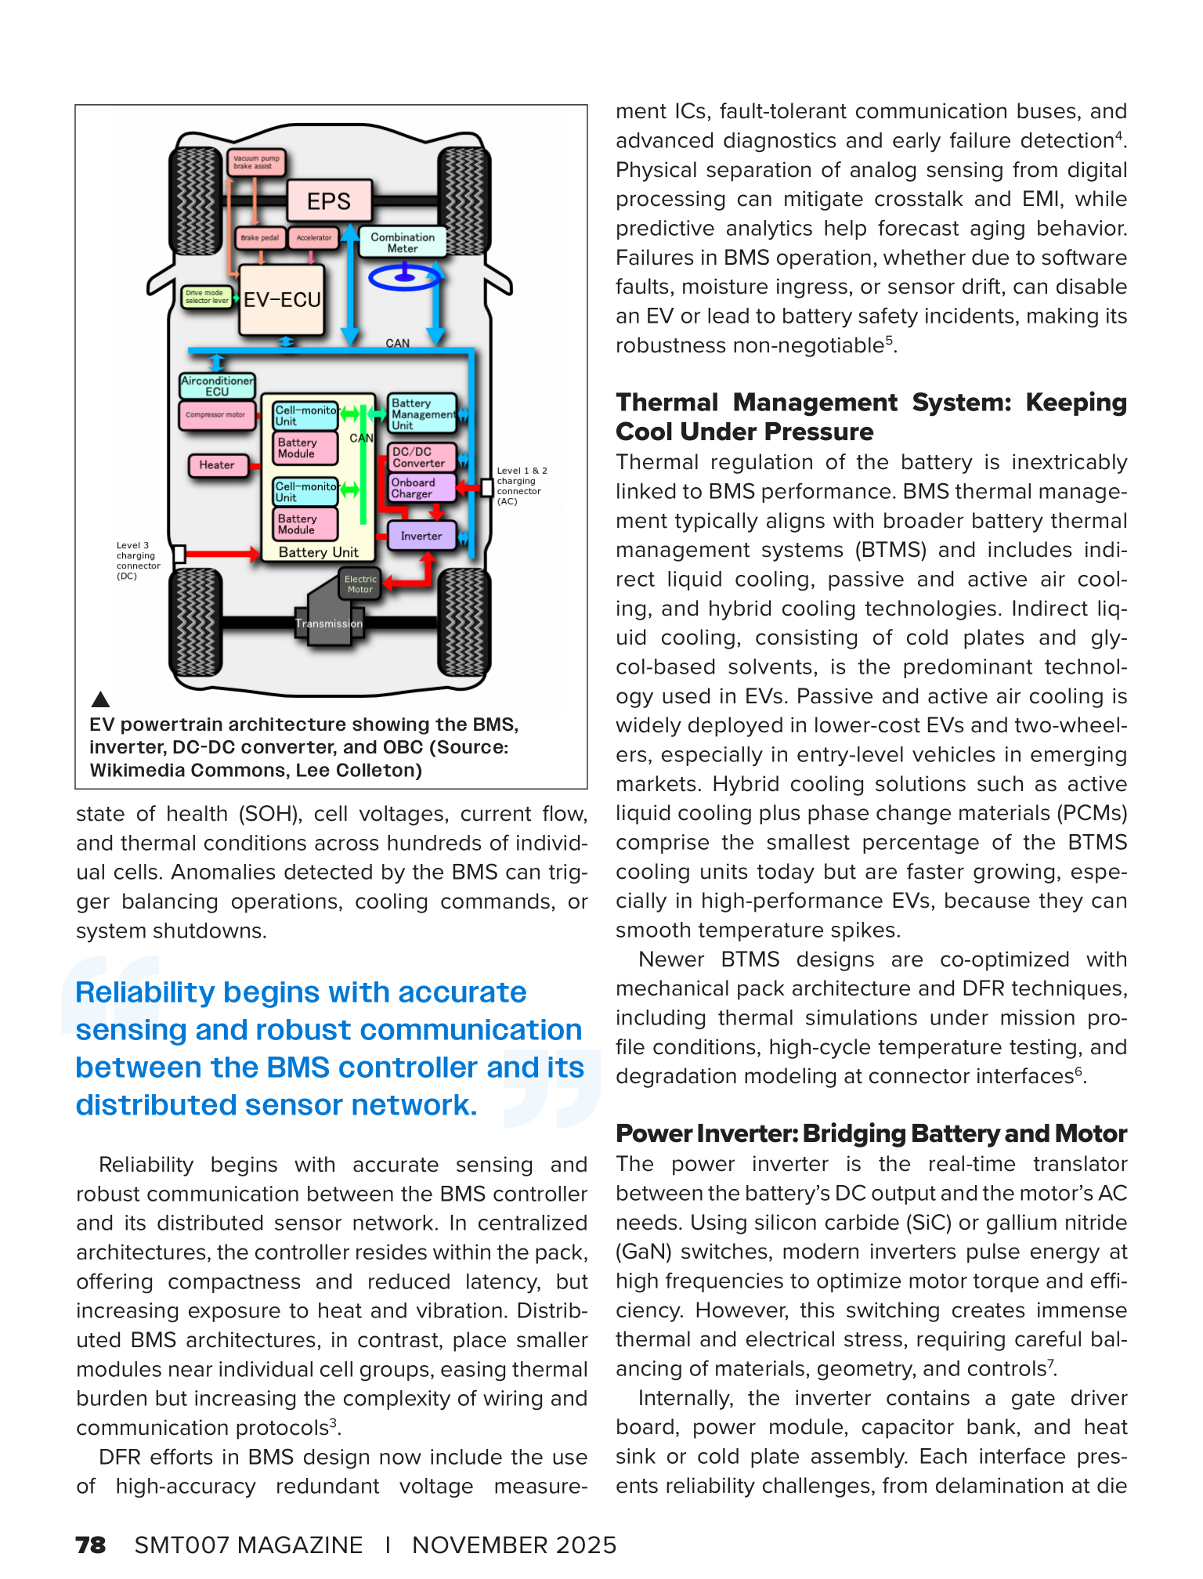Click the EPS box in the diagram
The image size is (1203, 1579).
click(x=329, y=201)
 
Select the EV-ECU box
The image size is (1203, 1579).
click(x=282, y=300)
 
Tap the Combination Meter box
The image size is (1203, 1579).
click(x=403, y=242)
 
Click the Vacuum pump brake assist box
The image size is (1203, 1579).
click(x=256, y=162)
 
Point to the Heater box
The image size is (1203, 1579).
click(x=217, y=465)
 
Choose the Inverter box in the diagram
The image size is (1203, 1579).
click(x=421, y=536)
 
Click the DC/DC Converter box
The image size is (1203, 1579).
click(x=421, y=457)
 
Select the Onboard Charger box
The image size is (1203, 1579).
click(x=421, y=488)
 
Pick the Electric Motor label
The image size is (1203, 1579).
click(x=360, y=584)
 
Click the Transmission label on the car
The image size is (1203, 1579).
click(x=329, y=624)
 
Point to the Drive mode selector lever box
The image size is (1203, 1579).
click(x=207, y=297)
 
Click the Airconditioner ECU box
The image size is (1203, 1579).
click(x=217, y=385)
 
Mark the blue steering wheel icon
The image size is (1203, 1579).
click(x=405, y=276)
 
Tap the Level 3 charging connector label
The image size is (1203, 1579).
click(x=138, y=561)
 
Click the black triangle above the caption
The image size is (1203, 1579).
click(x=100, y=699)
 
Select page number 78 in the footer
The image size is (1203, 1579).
click(x=90, y=1545)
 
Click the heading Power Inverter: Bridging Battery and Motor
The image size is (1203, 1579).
click(x=871, y=1133)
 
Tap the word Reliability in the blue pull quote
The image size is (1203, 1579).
click(x=145, y=992)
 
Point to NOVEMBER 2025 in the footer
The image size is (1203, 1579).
click(x=514, y=1545)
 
